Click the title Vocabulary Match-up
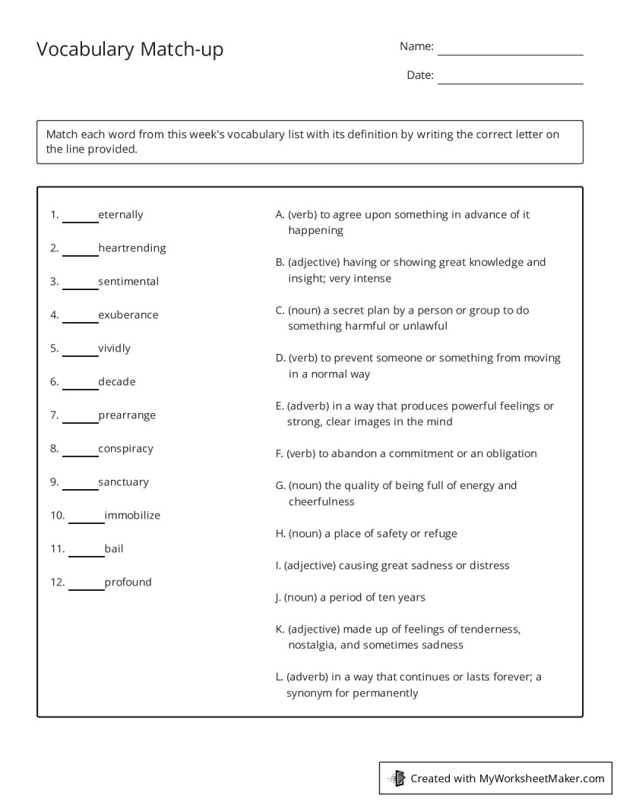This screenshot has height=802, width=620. tap(130, 50)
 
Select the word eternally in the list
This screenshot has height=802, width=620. tap(120, 215)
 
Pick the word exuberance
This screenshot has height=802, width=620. tap(128, 315)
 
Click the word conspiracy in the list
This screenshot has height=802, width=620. tap(125, 449)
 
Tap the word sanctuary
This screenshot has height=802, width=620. tap(123, 482)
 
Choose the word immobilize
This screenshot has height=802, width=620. tap(132, 516)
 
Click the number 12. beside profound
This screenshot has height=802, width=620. tap(58, 583)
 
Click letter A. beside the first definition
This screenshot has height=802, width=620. tap(280, 215)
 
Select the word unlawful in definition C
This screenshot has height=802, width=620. tap(425, 326)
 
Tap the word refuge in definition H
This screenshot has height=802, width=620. tap(440, 533)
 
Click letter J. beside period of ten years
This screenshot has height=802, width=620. tap(278, 598)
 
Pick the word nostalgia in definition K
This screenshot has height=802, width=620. tap(312, 646)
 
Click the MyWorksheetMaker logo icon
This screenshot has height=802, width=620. tap(397, 778)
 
